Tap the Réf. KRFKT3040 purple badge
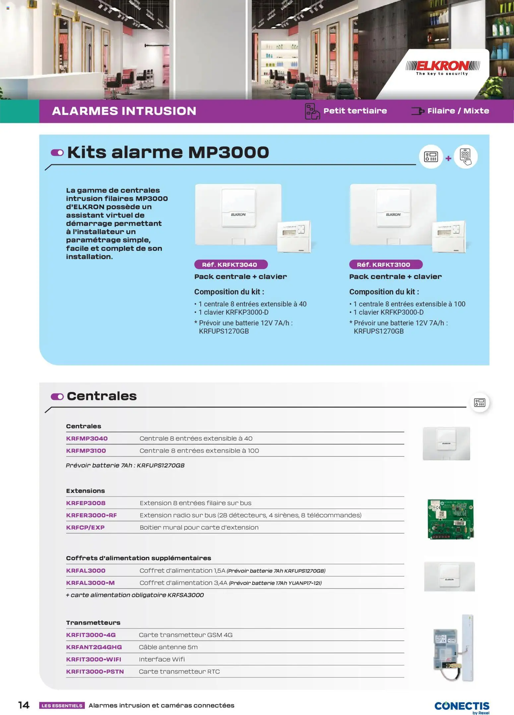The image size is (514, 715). tap(231, 265)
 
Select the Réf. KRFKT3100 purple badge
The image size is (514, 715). tap(386, 265)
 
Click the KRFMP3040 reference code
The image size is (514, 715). tap(87, 438)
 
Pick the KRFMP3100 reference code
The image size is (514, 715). tap(86, 450)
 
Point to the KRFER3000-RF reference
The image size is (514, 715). tap(91, 515)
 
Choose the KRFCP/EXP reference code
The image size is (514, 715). tap(85, 527)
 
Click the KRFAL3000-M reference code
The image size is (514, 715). tap(90, 583)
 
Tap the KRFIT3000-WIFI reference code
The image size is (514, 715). tap(94, 659)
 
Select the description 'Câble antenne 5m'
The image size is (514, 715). tap(168, 647)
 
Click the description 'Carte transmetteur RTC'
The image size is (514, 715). tap(179, 672)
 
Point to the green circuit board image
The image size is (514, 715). tap(450, 519)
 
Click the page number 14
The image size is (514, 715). tap(24, 705)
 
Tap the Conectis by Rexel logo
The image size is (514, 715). tap(462, 707)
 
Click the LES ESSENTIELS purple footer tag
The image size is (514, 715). tap(62, 706)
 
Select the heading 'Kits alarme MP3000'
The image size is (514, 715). tap(168, 152)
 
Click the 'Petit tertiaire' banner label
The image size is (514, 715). tap(355, 111)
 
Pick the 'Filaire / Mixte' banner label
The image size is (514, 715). tap(458, 111)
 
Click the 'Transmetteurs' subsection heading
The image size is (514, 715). tap(93, 623)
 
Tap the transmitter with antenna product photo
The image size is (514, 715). tap(453, 648)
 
